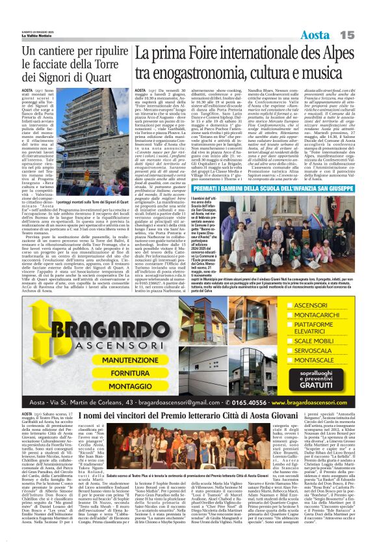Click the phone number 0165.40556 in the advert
248,403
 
